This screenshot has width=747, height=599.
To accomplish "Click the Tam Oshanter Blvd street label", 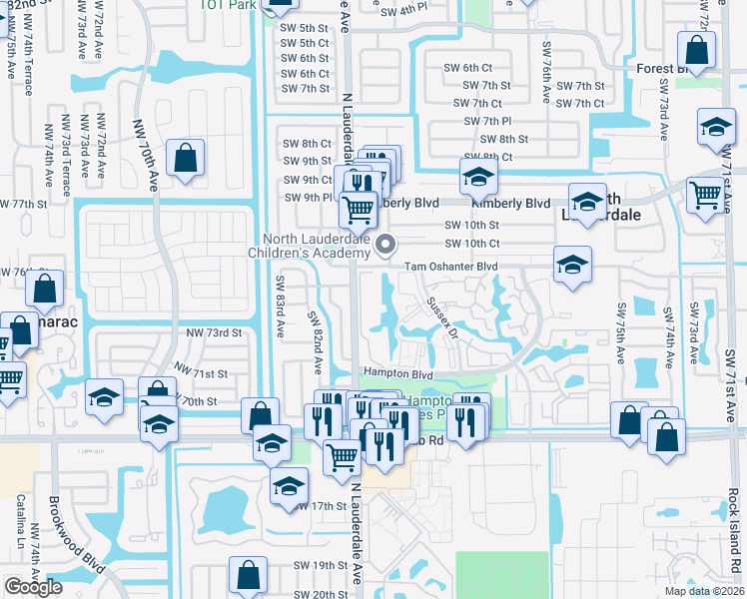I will tap(450, 267).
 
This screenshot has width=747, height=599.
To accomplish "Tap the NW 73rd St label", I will tap(214, 331).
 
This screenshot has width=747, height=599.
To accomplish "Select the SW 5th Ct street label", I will tap(305, 43).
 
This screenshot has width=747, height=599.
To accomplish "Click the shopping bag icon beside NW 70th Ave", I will tap(186, 158).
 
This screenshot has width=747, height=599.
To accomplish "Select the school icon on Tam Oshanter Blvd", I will tap(572, 265).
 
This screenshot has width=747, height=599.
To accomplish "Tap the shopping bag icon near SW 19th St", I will tap(248, 575).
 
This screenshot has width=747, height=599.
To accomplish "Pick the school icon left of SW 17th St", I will tap(289, 486).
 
